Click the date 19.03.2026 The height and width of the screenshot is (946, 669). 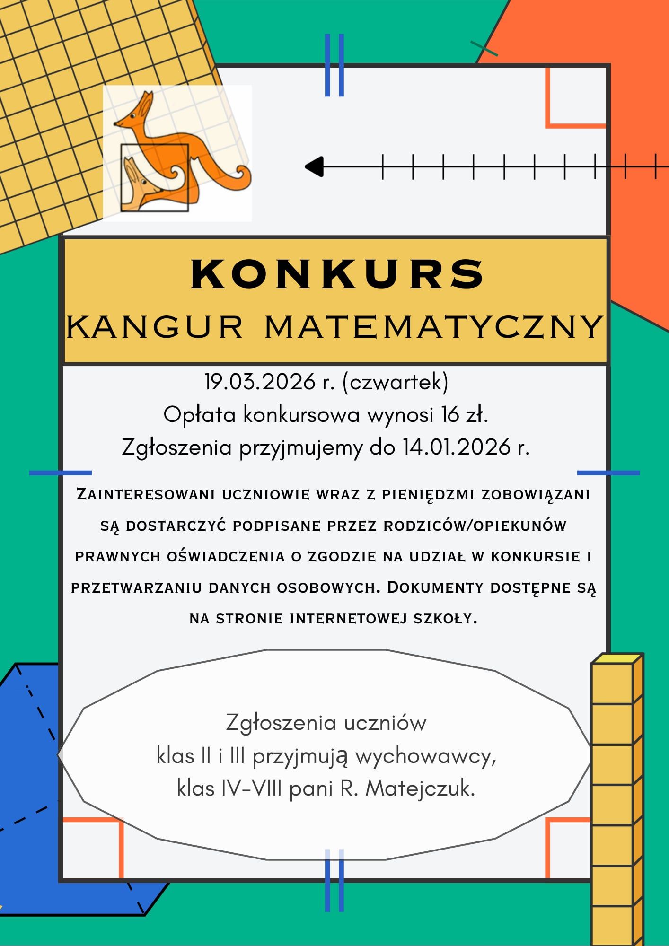click(x=260, y=382)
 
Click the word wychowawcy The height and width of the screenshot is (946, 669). click(x=425, y=757)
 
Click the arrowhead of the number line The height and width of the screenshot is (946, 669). click(x=313, y=166)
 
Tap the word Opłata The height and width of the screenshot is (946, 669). click(x=199, y=415)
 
